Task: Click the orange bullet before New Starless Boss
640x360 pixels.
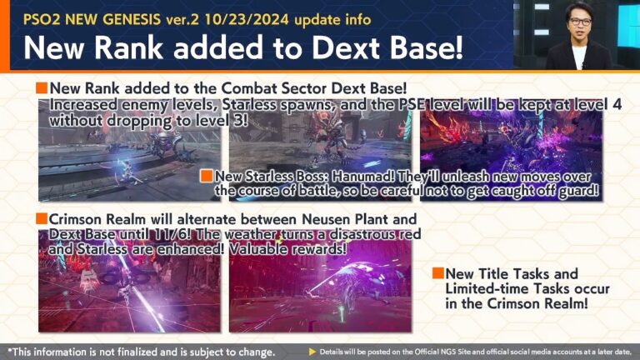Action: click(207, 177)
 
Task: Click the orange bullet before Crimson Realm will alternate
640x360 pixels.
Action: click(41, 218)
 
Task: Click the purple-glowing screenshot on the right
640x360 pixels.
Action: click(510, 143)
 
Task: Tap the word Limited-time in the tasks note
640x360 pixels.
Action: click(487, 289)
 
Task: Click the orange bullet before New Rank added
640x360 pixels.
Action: click(41, 88)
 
